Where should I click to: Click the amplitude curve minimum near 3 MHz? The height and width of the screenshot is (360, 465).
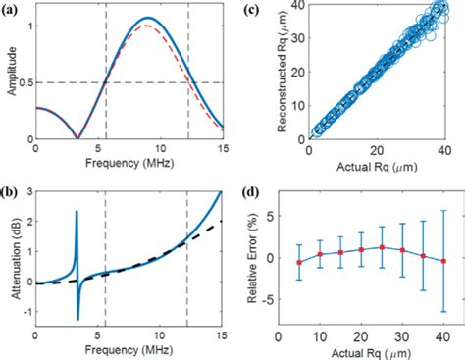coord(77,139)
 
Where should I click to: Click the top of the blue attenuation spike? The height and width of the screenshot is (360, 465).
coord(76,210)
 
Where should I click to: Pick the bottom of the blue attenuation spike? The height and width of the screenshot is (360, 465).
coord(77,319)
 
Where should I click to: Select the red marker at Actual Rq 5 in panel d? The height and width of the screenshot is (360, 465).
coord(326,262)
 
